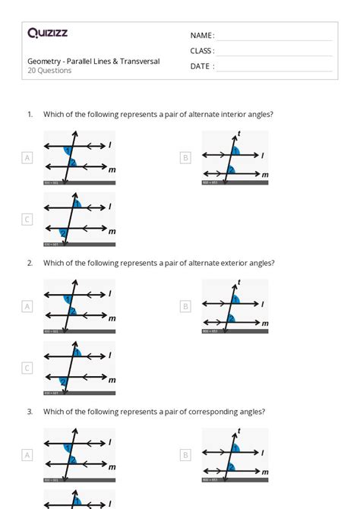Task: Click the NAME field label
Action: coord(202,35)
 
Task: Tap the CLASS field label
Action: coord(202,51)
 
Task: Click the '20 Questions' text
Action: coord(49,71)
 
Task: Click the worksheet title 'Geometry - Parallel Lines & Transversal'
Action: coord(93,61)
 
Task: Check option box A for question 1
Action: coord(27,158)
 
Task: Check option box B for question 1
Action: coord(185,158)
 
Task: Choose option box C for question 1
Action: coord(27,220)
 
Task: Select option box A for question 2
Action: coord(27,307)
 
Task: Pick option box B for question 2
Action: coord(185,307)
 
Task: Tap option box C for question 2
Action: coord(27,368)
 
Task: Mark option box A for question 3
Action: coord(27,455)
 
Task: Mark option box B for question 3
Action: coord(185,455)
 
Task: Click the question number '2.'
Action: coord(30,263)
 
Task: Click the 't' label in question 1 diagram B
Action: coord(238,134)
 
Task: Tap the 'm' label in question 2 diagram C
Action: coord(112,380)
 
